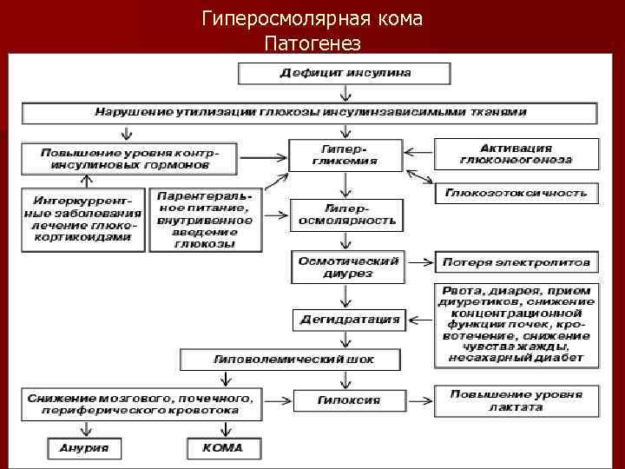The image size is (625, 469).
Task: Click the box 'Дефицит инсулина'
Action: tap(345, 73)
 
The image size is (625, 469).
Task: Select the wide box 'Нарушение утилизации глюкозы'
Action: tap(310, 113)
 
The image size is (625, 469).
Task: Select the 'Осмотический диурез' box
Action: tap(347, 268)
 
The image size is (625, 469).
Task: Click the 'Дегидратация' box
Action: tap(347, 319)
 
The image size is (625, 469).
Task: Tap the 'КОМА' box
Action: tap(224, 448)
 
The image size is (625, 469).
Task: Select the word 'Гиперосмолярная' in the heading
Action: tap(273, 17)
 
